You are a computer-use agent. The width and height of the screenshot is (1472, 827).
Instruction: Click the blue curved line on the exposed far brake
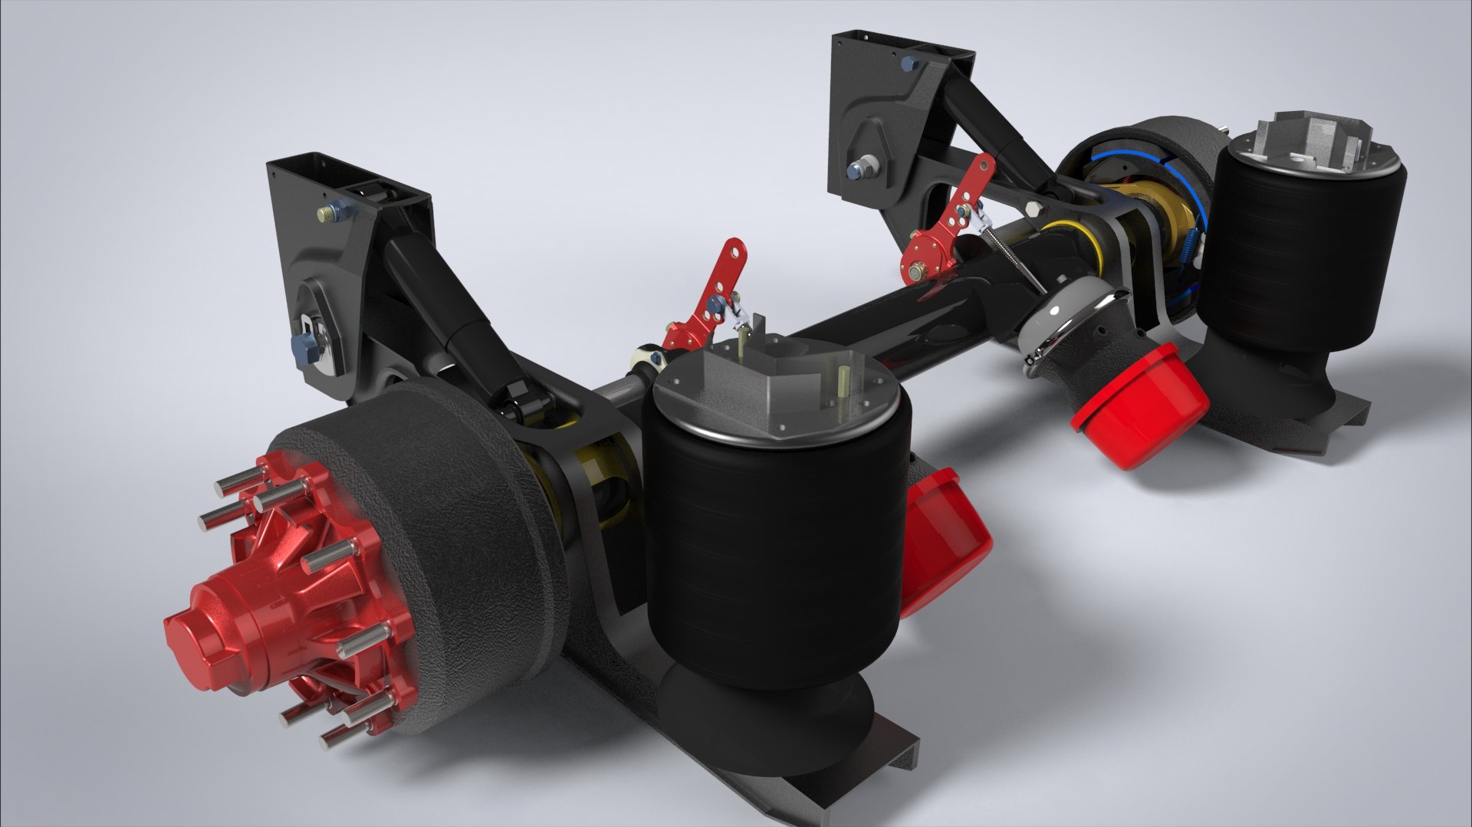(x=1127, y=157)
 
